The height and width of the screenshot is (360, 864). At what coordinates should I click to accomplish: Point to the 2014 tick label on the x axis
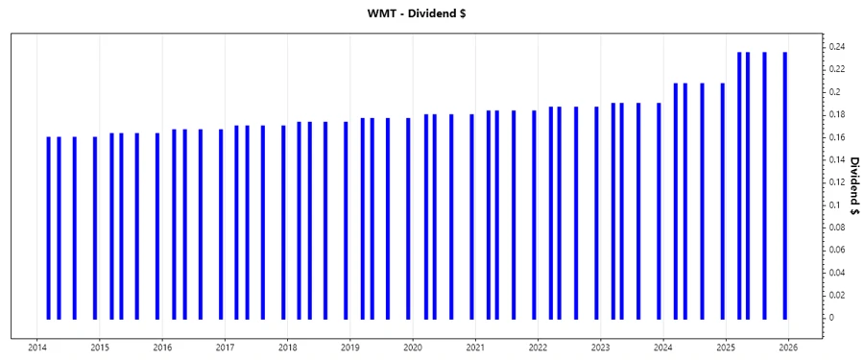tap(37, 348)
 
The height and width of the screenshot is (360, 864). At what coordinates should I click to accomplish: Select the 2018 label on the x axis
tap(287, 348)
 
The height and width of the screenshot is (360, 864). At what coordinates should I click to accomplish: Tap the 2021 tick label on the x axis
tap(475, 348)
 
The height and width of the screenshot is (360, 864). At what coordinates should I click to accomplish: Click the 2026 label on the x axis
tap(788, 348)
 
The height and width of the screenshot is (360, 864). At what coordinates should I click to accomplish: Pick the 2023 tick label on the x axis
tap(600, 348)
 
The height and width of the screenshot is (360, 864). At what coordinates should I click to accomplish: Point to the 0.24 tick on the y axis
tap(838, 47)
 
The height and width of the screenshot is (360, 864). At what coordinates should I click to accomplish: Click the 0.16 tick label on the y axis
tap(838, 137)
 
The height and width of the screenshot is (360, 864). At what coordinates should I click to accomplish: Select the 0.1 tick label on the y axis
tap(838, 204)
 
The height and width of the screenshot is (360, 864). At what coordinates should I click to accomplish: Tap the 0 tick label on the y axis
tap(833, 318)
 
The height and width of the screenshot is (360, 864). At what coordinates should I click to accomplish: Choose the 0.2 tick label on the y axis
tap(837, 92)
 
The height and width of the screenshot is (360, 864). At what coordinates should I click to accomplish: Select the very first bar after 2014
tap(48, 228)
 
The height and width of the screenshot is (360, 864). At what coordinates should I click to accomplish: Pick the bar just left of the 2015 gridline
tap(95, 228)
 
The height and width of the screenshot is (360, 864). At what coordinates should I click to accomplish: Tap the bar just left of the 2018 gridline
tap(283, 222)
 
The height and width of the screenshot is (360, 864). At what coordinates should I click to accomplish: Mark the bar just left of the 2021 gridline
tap(471, 216)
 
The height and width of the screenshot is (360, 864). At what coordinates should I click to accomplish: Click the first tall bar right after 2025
tap(739, 185)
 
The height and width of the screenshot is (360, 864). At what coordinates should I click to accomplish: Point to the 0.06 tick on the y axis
tap(838, 250)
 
